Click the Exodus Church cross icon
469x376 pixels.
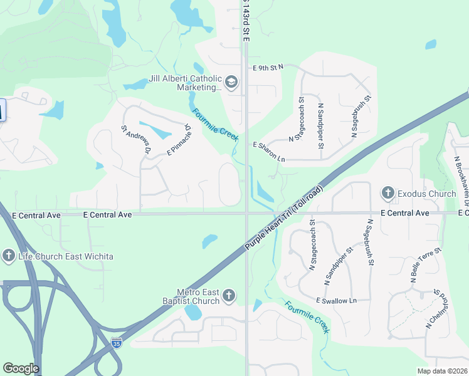(387, 194)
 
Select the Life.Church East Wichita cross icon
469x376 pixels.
(8, 256)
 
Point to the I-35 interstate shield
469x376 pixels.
(116, 343)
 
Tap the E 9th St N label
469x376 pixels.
(268, 66)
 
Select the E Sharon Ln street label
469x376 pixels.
(269, 152)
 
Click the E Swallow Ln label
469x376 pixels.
(336, 301)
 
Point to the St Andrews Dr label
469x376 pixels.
(136, 140)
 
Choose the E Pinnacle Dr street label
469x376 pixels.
(179, 139)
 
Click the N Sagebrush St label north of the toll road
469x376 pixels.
(360, 117)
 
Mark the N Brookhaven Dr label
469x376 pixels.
(460, 176)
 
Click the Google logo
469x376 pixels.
(21, 368)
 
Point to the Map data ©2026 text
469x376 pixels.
(441, 371)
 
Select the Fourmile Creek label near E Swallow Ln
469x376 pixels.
(307, 317)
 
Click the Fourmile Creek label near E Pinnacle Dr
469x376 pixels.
(214, 125)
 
